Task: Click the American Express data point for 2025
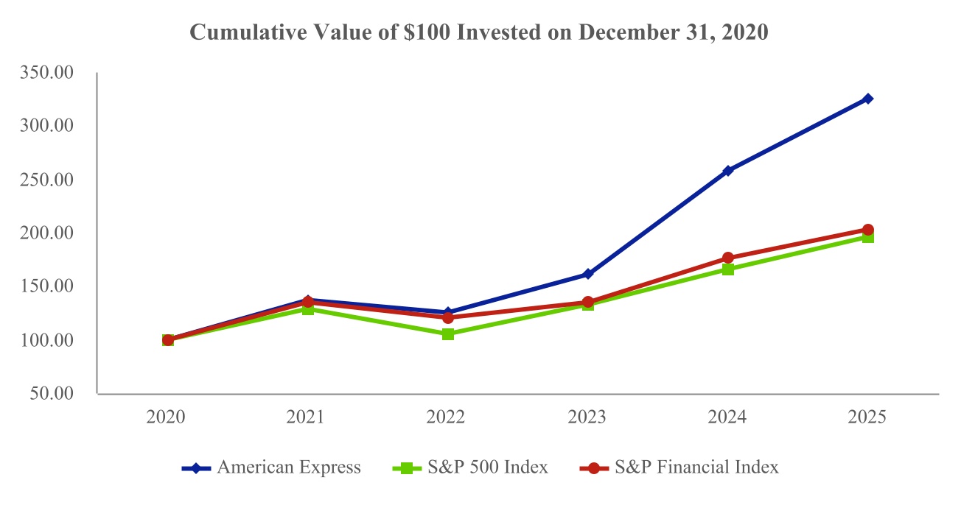point(868,99)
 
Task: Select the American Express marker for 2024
point(728,171)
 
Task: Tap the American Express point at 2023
point(588,274)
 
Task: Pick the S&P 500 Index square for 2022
point(448,334)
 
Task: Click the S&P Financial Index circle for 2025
point(868,230)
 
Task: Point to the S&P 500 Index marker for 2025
point(868,237)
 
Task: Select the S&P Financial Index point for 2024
point(728,258)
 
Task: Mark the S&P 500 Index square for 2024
point(728,269)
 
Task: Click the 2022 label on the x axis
point(447,417)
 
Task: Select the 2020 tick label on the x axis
point(167,417)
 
